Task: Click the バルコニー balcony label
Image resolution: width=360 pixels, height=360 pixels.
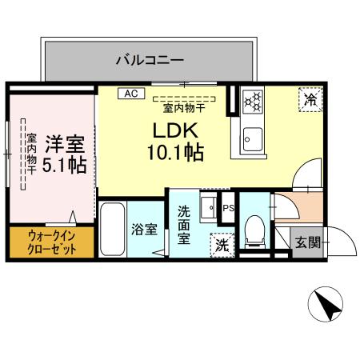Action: click(150, 59)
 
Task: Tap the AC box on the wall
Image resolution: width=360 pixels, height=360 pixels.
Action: click(128, 94)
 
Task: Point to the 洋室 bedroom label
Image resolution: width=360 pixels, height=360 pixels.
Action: click(64, 145)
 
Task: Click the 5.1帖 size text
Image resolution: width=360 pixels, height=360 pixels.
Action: click(65, 165)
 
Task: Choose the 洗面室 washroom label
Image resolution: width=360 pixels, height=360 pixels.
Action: click(184, 226)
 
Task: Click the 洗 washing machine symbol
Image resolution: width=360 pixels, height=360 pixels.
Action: click(219, 245)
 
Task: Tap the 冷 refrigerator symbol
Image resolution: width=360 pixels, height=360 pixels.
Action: click(310, 99)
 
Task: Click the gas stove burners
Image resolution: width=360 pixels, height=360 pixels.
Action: click(253, 101)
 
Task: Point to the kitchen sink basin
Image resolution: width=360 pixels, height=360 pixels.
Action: click(252, 138)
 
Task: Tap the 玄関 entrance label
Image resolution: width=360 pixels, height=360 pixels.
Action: click(306, 242)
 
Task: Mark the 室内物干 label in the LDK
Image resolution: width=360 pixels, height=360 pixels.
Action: click(186, 107)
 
